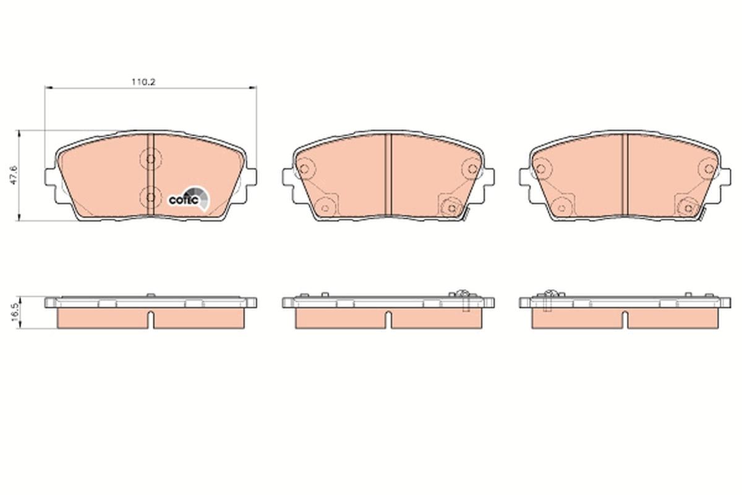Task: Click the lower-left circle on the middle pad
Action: point(324,207)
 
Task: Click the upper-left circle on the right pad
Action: point(540,168)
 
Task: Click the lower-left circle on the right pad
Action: point(561,207)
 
